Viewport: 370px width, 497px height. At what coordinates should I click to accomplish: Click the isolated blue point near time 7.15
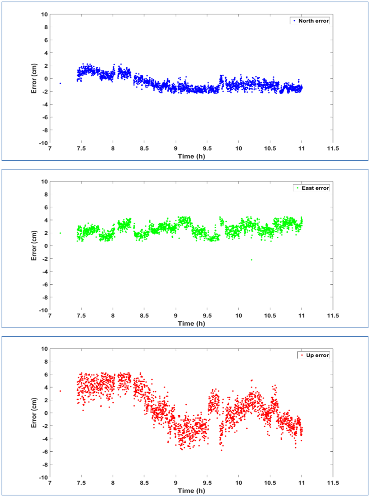click(x=60, y=83)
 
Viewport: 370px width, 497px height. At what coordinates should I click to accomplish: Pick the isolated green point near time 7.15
click(x=60, y=233)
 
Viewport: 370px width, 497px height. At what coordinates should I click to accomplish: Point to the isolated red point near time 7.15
click(x=60, y=391)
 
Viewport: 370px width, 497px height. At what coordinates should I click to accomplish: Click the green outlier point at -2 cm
click(x=251, y=260)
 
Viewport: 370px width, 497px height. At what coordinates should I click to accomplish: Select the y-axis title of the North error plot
click(x=34, y=78)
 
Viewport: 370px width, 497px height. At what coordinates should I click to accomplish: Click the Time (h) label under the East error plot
click(x=191, y=324)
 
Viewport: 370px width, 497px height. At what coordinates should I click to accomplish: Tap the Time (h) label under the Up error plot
click(x=191, y=491)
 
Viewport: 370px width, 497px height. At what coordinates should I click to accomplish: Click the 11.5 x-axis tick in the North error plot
click(x=332, y=149)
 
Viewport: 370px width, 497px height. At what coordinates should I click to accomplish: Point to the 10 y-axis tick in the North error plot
click(x=44, y=15)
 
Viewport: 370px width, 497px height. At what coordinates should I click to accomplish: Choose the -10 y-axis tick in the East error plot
click(x=43, y=310)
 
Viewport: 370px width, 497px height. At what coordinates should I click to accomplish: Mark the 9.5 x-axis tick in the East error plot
click(x=207, y=316)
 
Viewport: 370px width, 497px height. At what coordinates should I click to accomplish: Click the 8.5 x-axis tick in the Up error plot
click(x=144, y=483)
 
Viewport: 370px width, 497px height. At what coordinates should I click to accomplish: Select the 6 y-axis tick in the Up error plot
click(x=46, y=375)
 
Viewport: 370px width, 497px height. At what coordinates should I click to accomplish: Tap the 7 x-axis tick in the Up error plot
click(x=50, y=483)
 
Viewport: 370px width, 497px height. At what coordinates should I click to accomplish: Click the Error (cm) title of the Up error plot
click(x=34, y=413)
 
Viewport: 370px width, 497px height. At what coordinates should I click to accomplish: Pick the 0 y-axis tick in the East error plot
click(x=46, y=246)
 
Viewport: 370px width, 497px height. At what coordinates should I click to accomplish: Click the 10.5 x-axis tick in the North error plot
click(x=270, y=149)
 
